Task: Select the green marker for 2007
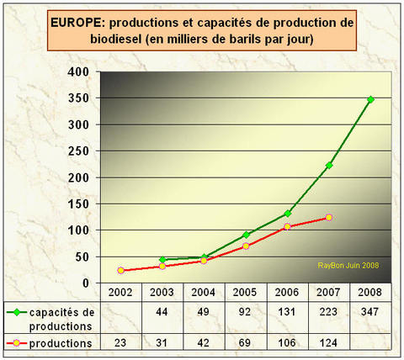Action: (x=328, y=165)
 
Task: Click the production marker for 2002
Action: (x=121, y=270)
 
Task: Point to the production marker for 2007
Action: (x=328, y=217)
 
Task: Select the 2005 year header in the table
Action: (x=246, y=290)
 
